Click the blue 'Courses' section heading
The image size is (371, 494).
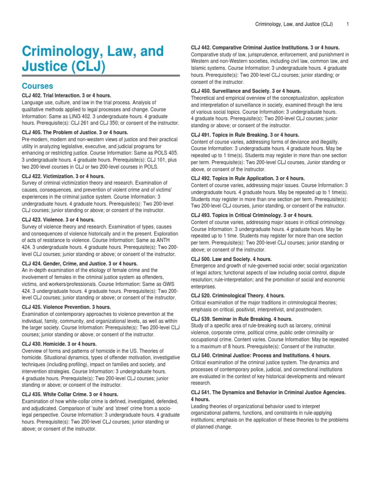[38, 85]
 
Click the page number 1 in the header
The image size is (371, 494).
[348, 24]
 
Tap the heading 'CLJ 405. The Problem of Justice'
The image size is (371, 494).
[75, 132]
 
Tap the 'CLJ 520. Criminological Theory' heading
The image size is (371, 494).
[238, 295]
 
